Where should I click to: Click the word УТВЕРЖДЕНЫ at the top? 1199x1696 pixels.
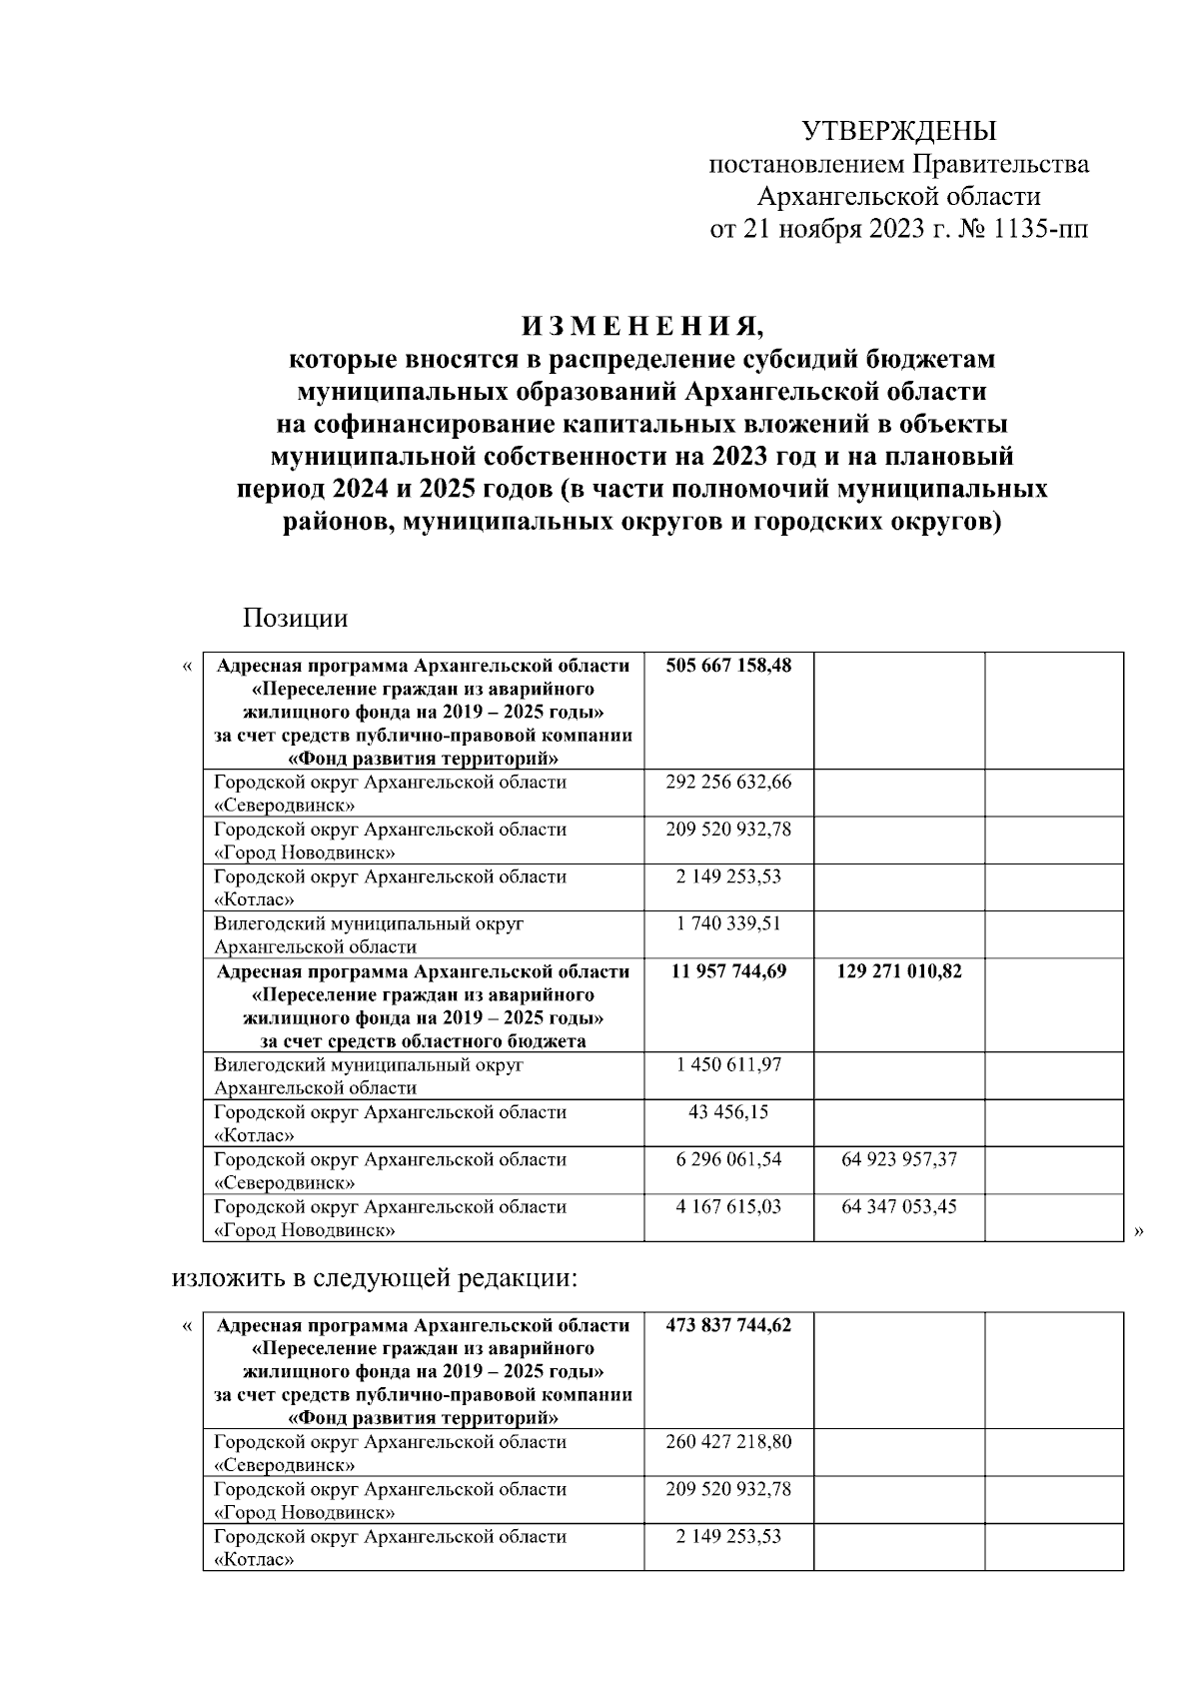coord(899,131)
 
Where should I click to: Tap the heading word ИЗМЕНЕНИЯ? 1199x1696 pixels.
coord(641,326)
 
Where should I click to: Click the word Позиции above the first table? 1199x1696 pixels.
coord(295,618)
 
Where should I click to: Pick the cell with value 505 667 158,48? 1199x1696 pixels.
coord(728,666)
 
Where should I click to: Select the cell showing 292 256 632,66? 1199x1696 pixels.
coord(728,783)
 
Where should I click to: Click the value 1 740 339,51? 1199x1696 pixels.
coord(728,923)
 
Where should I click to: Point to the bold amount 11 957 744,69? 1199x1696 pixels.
coord(728,971)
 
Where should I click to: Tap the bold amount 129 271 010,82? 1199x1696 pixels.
coord(899,971)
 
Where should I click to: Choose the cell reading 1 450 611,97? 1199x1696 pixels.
coord(728,1065)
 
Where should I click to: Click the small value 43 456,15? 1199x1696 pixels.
coord(728,1112)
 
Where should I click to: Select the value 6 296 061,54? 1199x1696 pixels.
coord(728,1159)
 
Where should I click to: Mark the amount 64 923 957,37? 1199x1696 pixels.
coord(899,1159)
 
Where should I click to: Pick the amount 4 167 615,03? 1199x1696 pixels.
coord(728,1206)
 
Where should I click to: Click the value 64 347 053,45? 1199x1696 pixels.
coord(899,1206)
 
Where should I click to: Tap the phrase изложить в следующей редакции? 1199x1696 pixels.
coord(375,1278)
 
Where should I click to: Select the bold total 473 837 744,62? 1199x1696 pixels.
coord(728,1326)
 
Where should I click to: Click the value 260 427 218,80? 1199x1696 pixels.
coord(728,1442)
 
